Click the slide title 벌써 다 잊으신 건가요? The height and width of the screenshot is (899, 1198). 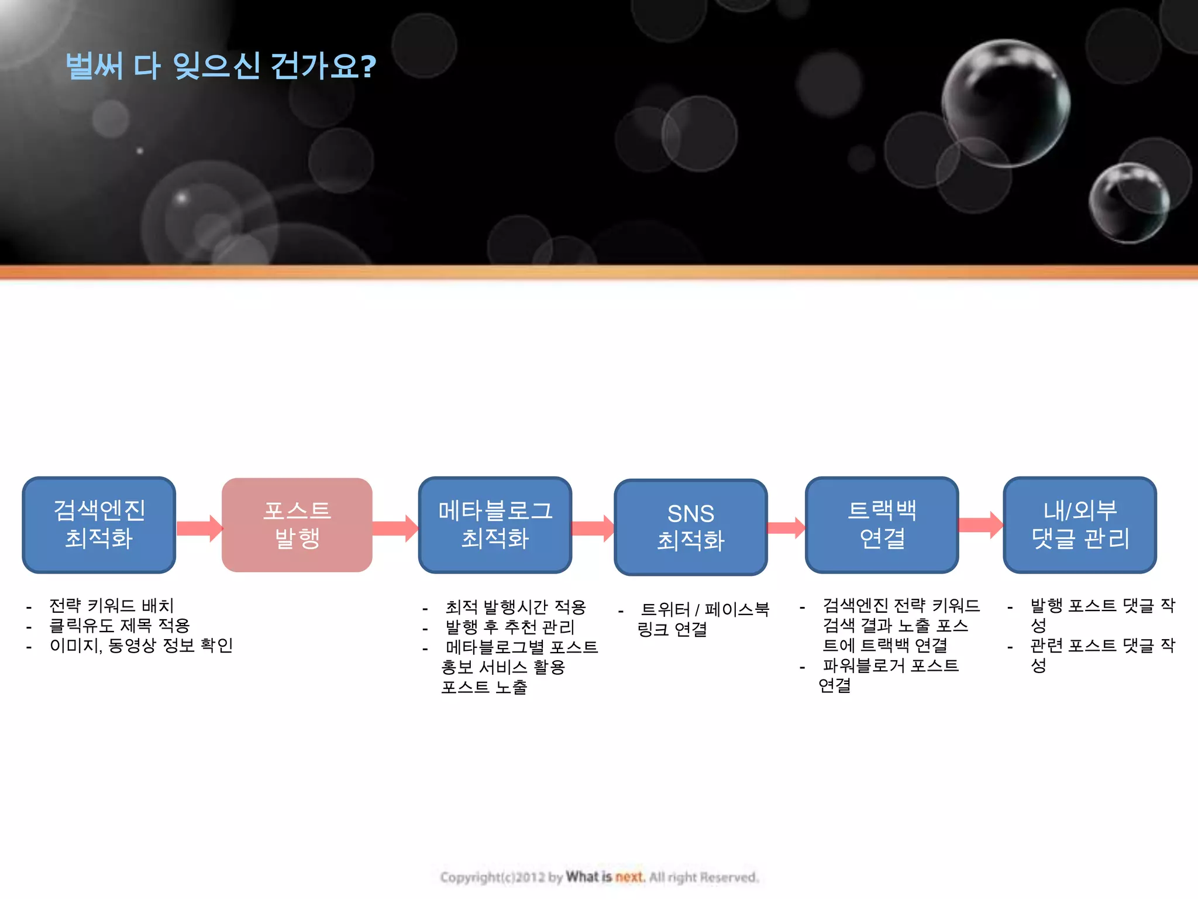click(221, 66)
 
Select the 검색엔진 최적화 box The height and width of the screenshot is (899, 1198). click(99, 524)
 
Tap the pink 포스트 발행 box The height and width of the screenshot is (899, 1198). click(297, 524)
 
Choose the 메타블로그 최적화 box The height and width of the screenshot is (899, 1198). click(495, 524)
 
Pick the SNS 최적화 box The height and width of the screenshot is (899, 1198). click(690, 527)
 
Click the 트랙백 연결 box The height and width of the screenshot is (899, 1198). click(882, 524)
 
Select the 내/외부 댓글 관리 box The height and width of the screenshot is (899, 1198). click(1080, 524)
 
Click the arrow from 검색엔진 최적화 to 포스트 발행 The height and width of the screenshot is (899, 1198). click(199, 528)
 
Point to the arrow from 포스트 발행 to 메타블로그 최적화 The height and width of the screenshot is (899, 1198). click(395, 528)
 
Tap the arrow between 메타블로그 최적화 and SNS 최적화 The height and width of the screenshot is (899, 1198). click(593, 528)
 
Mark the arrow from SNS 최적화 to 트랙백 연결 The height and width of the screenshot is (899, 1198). click(786, 527)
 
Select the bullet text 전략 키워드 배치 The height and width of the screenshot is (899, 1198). click(112, 605)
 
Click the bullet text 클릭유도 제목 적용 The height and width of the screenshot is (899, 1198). click(119, 625)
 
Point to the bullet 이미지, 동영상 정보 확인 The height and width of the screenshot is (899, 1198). click(141, 645)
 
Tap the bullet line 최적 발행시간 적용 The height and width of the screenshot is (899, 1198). click(515, 607)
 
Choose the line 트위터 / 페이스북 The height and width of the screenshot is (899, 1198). click(705, 609)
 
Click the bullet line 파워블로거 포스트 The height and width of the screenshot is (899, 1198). click(890, 665)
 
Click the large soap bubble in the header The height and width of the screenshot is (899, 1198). click(1006, 103)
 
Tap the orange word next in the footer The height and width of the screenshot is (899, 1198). click(629, 877)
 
